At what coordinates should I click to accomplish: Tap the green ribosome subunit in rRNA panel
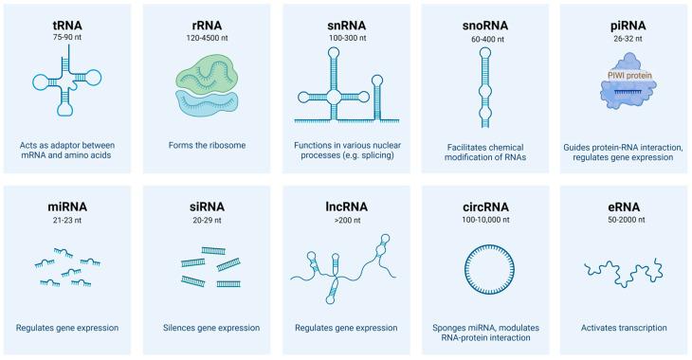coord(208,71)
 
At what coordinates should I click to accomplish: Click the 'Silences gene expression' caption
coord(208,328)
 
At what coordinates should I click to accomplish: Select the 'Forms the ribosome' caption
coord(208,146)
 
